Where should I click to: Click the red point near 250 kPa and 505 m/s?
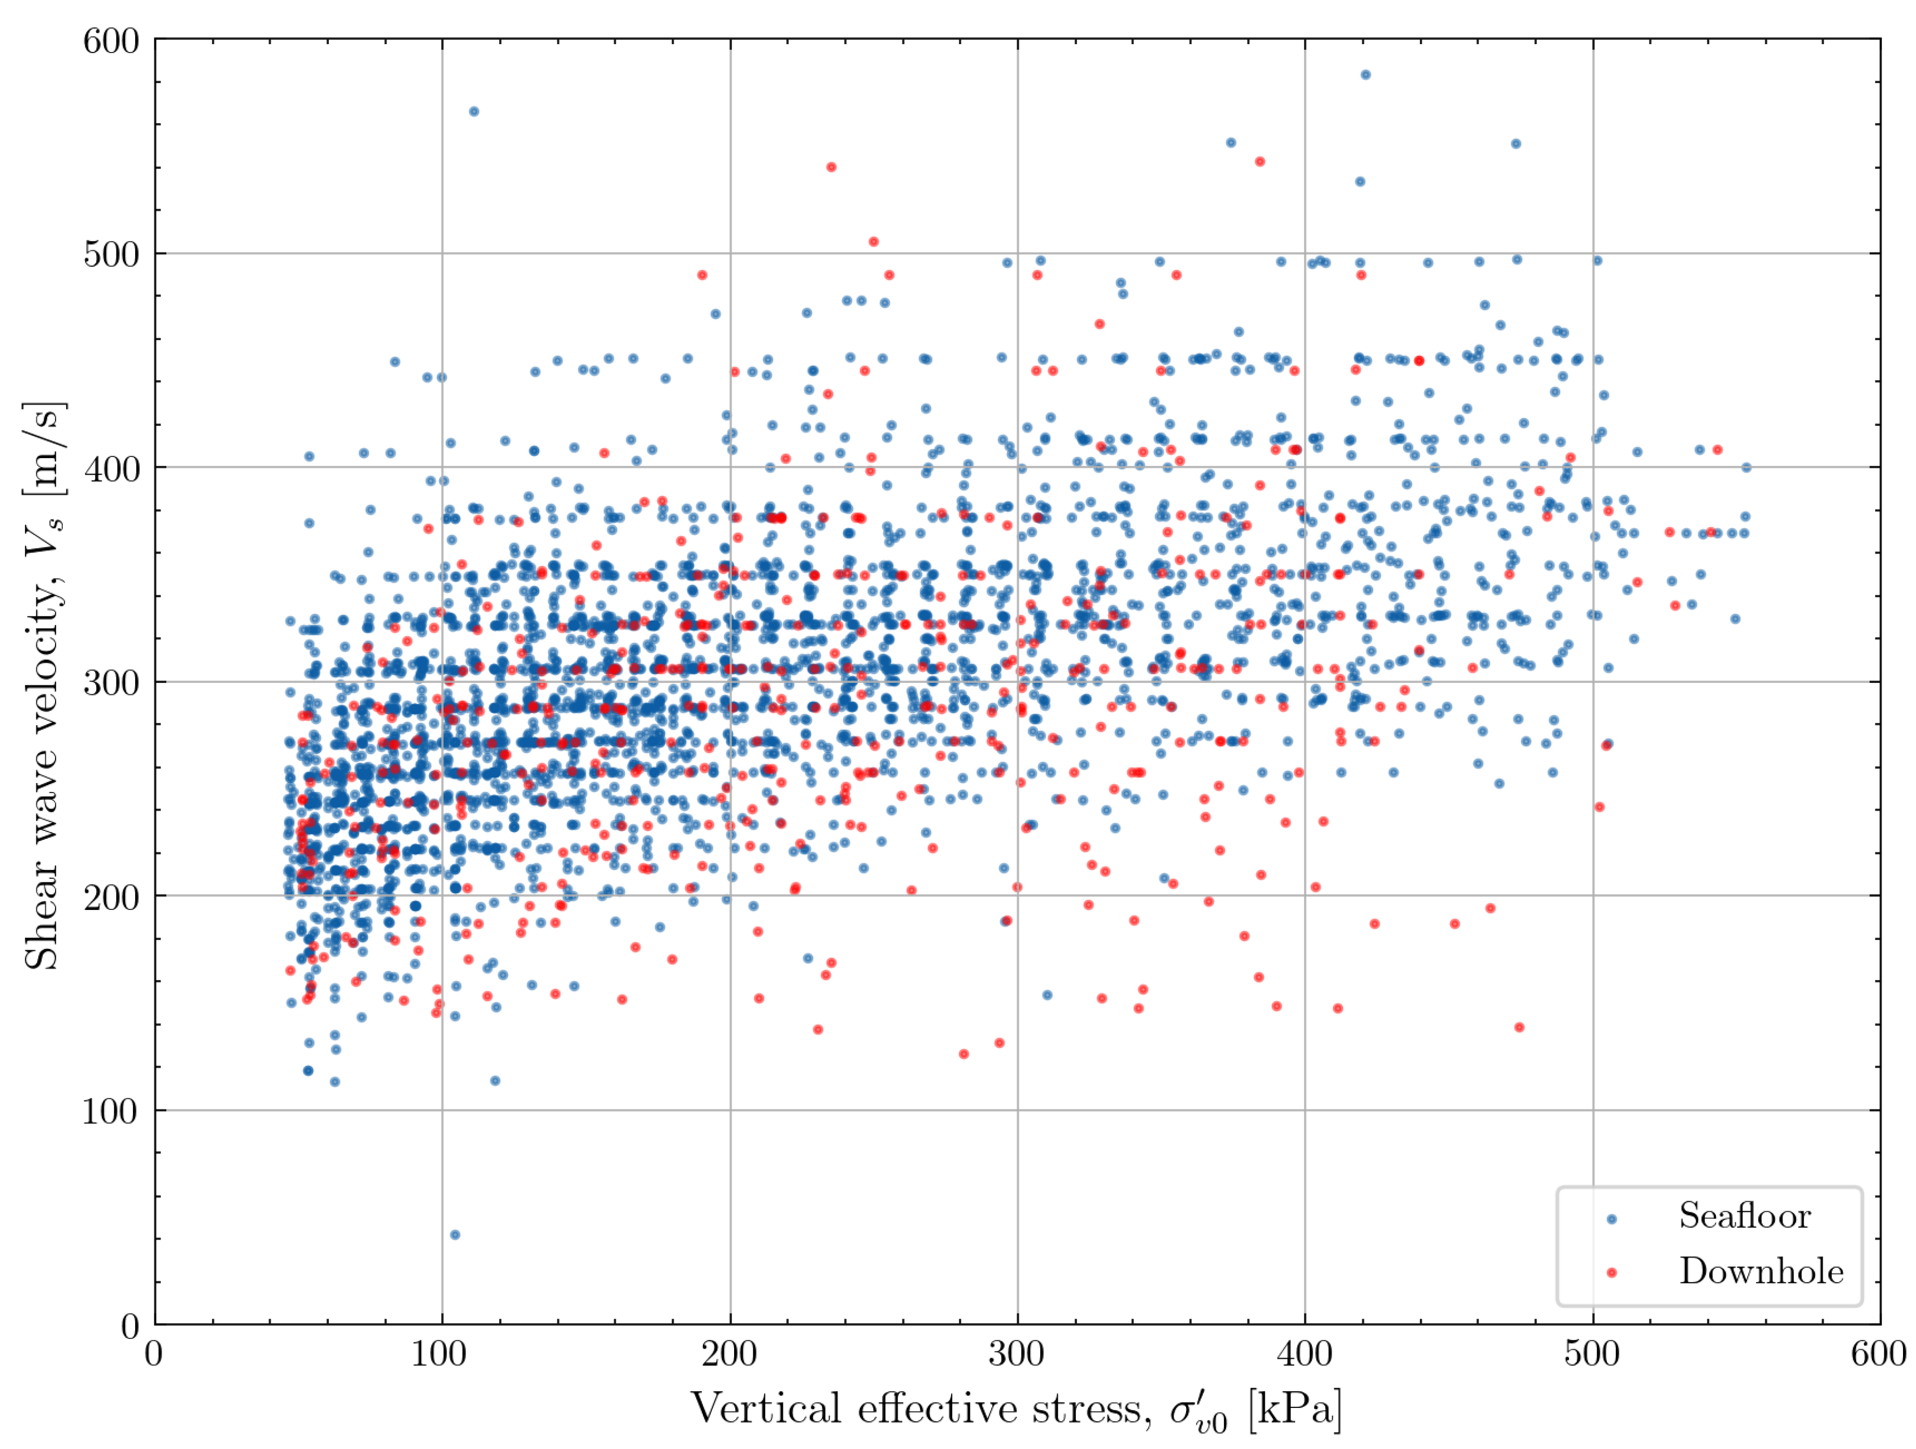[874, 242]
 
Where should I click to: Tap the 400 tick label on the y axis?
[111, 468]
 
